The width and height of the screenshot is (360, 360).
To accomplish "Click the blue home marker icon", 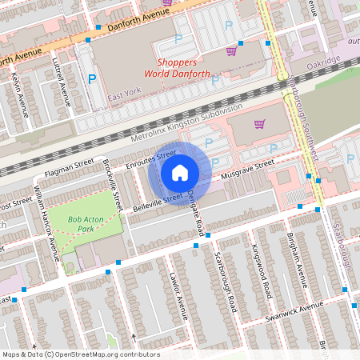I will pos(180,172).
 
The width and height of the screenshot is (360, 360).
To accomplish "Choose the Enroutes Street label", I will pos(151,159).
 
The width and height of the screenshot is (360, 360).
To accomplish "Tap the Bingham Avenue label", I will pos(298,262).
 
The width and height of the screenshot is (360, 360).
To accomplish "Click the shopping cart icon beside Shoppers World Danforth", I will pos(231,50).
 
